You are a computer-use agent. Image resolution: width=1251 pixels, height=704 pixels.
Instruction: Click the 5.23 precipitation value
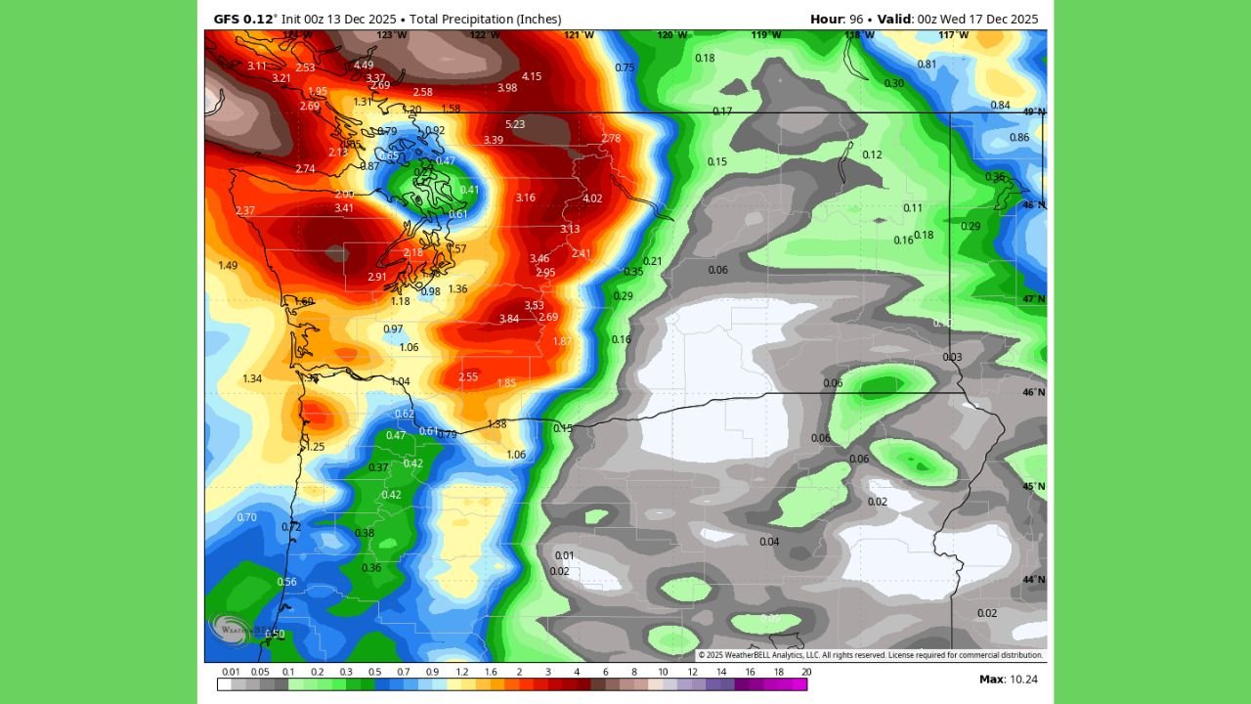tap(515, 124)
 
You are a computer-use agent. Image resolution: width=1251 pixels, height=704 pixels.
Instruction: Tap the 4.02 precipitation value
tap(592, 198)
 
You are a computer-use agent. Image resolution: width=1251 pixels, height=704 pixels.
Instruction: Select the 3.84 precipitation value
tap(509, 319)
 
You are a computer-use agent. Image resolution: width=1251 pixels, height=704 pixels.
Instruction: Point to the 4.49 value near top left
tap(364, 66)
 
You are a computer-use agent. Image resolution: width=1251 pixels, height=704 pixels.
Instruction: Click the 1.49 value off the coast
tap(228, 265)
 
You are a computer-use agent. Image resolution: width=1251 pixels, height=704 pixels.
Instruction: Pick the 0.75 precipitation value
tap(625, 67)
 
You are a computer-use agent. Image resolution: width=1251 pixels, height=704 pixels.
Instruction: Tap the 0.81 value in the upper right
tap(927, 65)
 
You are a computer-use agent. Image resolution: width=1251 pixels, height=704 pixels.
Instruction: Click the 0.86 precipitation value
tap(1019, 138)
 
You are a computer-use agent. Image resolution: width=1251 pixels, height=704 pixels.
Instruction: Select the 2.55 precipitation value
tap(468, 377)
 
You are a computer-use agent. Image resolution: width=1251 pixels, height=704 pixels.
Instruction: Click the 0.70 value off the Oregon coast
tap(247, 517)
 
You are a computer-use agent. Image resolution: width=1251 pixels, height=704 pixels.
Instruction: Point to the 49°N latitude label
tap(1034, 112)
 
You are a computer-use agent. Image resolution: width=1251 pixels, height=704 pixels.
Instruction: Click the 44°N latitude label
tap(1034, 580)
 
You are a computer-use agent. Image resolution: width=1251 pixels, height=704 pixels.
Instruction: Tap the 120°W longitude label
tap(671, 35)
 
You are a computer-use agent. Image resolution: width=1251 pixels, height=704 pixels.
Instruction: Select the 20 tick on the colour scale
tap(806, 672)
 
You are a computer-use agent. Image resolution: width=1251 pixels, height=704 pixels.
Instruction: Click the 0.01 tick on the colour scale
tap(232, 672)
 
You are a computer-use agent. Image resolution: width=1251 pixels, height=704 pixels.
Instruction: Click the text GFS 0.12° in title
tap(245, 19)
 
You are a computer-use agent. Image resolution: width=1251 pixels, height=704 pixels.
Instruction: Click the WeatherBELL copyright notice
tap(870, 655)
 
